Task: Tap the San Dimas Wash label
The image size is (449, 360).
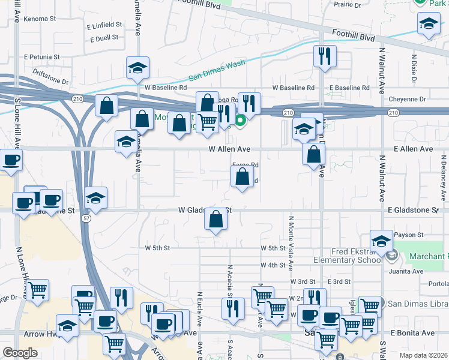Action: [217, 70]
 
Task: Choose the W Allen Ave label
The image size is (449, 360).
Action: [229, 149]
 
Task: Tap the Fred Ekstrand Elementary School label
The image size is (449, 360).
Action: [348, 256]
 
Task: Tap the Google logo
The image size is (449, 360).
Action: [20, 353]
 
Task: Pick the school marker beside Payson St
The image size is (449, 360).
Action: [381, 241]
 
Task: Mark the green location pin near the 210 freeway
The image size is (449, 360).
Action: [240, 122]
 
